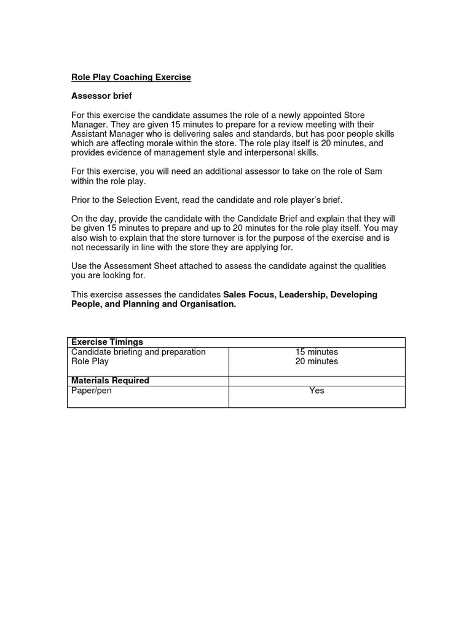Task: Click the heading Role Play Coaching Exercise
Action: pos(131,77)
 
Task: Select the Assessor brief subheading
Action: pos(101,96)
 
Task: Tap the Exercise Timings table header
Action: pos(107,342)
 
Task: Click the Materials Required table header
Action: pos(110,381)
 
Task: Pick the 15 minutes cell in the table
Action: pos(317,352)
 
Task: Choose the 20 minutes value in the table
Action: pos(317,362)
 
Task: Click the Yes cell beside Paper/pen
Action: pos(317,391)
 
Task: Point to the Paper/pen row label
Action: pos(92,391)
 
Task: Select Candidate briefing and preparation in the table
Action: pos(138,352)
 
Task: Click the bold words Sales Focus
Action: pos(249,295)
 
